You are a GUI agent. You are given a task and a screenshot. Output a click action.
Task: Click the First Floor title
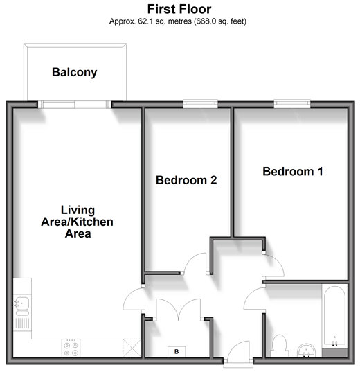pos(179,9)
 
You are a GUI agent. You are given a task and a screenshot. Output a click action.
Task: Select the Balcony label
pos(75,72)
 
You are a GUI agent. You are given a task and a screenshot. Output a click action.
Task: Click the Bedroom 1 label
pos(293,172)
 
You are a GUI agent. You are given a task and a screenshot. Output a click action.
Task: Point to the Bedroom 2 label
pos(186,180)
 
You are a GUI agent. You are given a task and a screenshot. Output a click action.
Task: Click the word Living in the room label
pos(78,210)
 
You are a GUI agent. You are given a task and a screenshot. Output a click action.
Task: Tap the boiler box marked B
pos(177,352)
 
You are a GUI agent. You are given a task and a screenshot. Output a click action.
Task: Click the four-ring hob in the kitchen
pos(71,348)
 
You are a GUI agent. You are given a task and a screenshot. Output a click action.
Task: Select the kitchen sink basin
pos(22,303)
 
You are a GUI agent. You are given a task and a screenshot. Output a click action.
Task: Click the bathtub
pos(334,317)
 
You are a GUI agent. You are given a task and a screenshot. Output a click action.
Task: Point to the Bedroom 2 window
pos(200,104)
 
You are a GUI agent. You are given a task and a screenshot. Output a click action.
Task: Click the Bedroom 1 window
pos(292,104)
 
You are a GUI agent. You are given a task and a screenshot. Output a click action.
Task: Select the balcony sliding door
pos(75,105)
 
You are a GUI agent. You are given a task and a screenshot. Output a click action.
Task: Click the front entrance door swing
pos(238,349)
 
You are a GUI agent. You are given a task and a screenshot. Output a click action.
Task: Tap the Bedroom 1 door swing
pos(277,262)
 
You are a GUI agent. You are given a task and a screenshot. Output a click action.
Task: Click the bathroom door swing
pos(251,294)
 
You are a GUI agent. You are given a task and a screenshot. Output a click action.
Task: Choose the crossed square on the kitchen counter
pos(132,348)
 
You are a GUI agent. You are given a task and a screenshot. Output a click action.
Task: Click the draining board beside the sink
pos(22,323)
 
